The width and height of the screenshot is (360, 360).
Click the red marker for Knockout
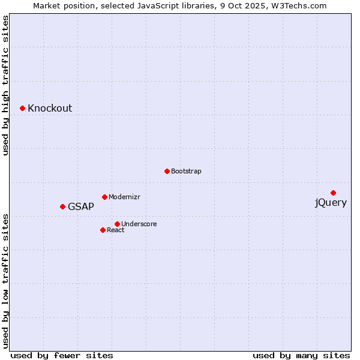click(x=22, y=108)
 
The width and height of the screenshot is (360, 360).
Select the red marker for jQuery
click(x=333, y=193)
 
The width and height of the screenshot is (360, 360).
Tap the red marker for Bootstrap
click(x=167, y=171)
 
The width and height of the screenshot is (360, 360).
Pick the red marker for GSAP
click(x=62, y=206)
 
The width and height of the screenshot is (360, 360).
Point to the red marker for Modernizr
click(x=104, y=197)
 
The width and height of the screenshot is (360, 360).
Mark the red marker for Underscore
click(x=117, y=224)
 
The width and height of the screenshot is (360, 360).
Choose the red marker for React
click(x=103, y=230)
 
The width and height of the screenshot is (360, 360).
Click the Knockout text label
click(x=50, y=109)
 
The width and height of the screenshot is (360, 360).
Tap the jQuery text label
click(x=331, y=203)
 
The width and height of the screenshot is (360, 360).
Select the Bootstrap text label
click(x=186, y=172)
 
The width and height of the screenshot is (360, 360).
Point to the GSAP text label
click(x=81, y=207)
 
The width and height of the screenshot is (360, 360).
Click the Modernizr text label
click(x=124, y=197)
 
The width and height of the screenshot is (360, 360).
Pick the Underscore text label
click(x=139, y=224)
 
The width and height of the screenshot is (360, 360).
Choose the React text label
click(x=116, y=230)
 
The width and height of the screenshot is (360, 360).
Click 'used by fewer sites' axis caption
click(x=62, y=355)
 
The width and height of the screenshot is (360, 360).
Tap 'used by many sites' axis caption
click(x=301, y=355)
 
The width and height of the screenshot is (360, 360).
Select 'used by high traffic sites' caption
click(x=6, y=86)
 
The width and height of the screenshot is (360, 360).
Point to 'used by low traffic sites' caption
click(x=6, y=281)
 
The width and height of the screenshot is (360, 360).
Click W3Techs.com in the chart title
click(x=299, y=6)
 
